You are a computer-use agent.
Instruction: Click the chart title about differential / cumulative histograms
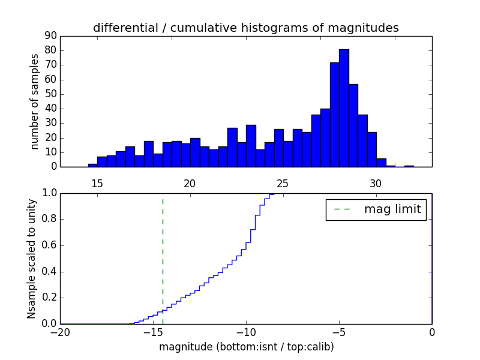pyautogui.click(x=245, y=28)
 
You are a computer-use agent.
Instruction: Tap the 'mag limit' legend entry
pyautogui.click(x=376, y=209)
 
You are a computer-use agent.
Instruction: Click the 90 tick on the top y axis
pyautogui.click(x=50, y=36)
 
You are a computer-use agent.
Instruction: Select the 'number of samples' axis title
pyautogui.click(x=35, y=101)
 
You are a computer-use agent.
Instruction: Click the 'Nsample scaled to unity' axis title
pyautogui.click(x=31, y=258)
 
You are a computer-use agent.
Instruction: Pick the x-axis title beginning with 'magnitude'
pyautogui.click(x=246, y=347)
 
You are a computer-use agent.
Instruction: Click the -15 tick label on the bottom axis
pyautogui.click(x=153, y=332)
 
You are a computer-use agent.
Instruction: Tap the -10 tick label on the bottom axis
pyautogui.click(x=246, y=332)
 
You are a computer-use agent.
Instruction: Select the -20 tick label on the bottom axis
pyautogui.click(x=60, y=332)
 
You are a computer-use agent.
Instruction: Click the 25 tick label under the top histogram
pyautogui.click(x=283, y=183)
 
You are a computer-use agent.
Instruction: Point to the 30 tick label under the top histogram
pyautogui.click(x=376, y=183)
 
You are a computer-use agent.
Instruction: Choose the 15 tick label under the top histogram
pyautogui.click(x=97, y=183)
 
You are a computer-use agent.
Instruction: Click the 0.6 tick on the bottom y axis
pyautogui.click(x=49, y=245)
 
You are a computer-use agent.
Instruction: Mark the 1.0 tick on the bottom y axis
pyautogui.click(x=49, y=193)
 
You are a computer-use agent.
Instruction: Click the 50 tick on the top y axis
pyautogui.click(x=50, y=94)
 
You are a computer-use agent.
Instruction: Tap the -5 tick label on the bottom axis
pyautogui.click(x=339, y=332)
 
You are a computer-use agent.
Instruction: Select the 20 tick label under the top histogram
pyautogui.click(x=190, y=183)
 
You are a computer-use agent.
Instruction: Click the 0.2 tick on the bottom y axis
pyautogui.click(x=49, y=298)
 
